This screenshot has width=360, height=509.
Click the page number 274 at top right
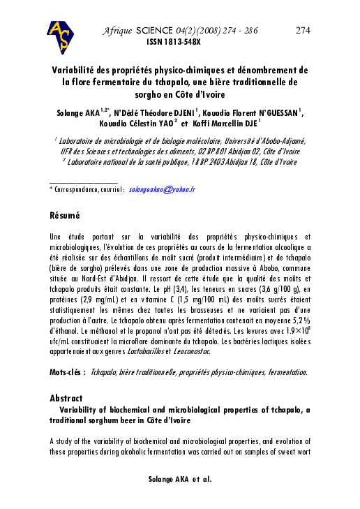coord(303,31)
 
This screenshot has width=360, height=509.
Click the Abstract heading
coord(66,398)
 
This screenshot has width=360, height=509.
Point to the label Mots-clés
coord(68,373)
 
